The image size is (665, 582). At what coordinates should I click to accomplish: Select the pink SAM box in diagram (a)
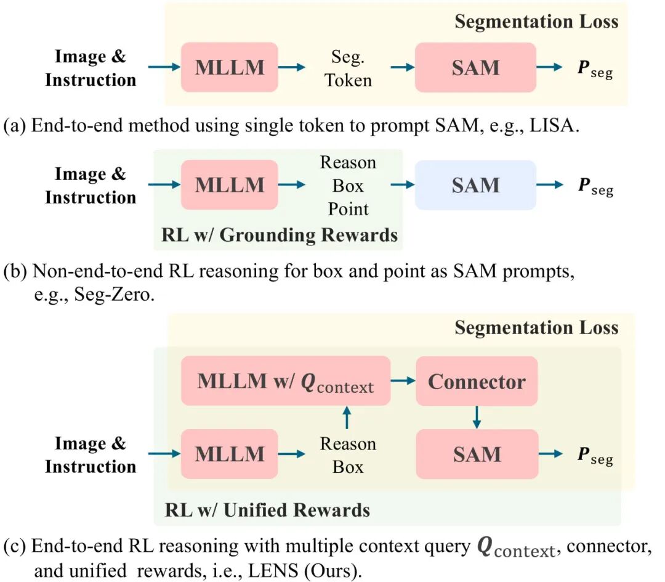point(475,68)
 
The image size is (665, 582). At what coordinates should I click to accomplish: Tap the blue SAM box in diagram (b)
point(475,186)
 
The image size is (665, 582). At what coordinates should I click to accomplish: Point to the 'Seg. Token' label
point(349,68)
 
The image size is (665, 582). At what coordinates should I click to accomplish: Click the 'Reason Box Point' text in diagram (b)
point(348,186)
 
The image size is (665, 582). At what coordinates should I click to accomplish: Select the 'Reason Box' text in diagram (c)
point(348,455)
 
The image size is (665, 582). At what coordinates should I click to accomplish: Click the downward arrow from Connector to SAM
point(477,418)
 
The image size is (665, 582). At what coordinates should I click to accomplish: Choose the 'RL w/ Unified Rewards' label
point(267,510)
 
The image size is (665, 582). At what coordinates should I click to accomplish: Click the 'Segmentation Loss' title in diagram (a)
point(536,22)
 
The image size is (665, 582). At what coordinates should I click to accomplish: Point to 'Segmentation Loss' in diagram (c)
point(536,327)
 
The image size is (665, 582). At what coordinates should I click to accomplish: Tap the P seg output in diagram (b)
point(595,186)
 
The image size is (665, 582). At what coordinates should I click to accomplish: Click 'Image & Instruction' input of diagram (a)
point(90,68)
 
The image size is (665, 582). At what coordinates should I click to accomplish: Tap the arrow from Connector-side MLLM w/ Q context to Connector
point(403,381)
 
